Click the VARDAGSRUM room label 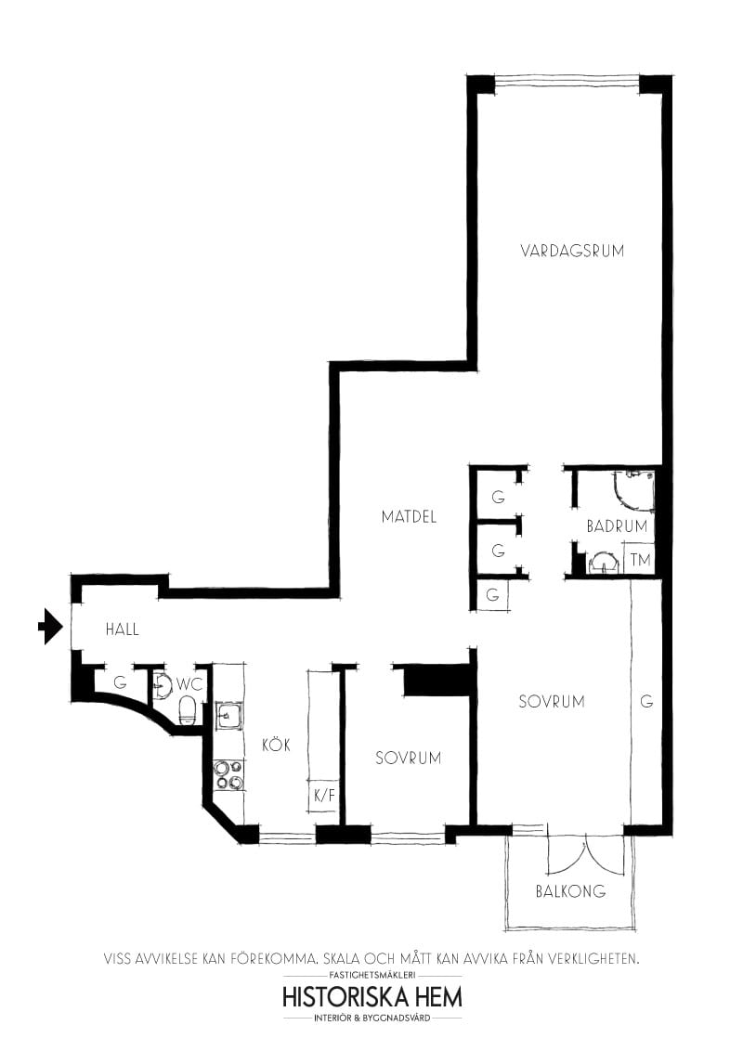pos(572,251)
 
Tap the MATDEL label pos(409,517)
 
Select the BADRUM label pos(616,526)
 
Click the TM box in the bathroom pos(640,560)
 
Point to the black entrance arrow pos(48,627)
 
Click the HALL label pos(122,629)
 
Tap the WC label pos(189,684)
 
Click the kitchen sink pos(228,716)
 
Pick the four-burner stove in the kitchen pos(228,774)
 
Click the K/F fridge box pos(324,796)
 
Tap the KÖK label pos(276,745)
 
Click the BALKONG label pos(570,891)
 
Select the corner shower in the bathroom pos(635,489)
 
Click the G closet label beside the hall pos(120,682)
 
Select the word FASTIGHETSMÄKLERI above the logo pos(371,976)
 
